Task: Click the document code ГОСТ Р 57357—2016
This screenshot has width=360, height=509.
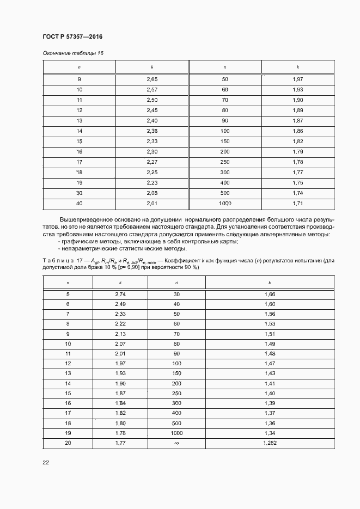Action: point(72,36)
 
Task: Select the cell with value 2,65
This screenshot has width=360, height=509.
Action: point(152,79)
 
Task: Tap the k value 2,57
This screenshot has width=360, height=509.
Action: point(152,89)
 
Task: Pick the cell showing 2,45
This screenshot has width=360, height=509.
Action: point(152,110)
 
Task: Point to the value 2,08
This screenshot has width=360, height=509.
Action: point(152,193)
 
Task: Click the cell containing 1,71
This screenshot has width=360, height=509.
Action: point(298,203)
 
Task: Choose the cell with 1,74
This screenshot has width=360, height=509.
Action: point(298,193)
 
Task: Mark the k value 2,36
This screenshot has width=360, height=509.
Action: point(152,131)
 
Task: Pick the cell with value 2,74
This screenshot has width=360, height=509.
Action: point(120,294)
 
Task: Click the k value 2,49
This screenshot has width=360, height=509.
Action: point(120,304)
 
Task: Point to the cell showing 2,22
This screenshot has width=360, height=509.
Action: point(120,323)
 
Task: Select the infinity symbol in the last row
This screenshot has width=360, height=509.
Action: point(176,444)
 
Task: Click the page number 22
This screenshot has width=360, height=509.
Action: point(46,463)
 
